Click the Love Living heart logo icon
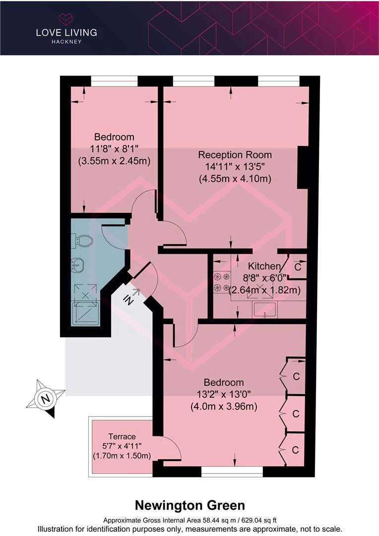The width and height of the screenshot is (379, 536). (x=66, y=18)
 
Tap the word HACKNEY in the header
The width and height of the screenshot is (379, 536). (x=66, y=42)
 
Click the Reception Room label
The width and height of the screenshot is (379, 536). (x=235, y=155)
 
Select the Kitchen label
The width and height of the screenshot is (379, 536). (x=264, y=266)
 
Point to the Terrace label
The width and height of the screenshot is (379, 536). (x=122, y=437)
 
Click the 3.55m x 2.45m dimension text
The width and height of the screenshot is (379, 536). (x=115, y=161)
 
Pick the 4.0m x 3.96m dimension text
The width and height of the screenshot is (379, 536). (x=224, y=406)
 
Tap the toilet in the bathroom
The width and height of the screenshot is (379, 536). (x=82, y=241)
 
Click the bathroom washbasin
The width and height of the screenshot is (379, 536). (x=78, y=265)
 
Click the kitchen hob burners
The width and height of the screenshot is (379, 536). (x=221, y=282)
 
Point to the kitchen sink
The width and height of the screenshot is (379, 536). (x=265, y=310)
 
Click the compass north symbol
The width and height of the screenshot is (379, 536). (x=45, y=399)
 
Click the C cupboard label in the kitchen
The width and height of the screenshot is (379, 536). (x=298, y=267)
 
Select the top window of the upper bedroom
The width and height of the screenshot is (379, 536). (x=114, y=81)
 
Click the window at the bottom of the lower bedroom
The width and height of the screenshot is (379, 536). (x=232, y=471)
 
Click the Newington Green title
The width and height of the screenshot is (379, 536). (x=190, y=505)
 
